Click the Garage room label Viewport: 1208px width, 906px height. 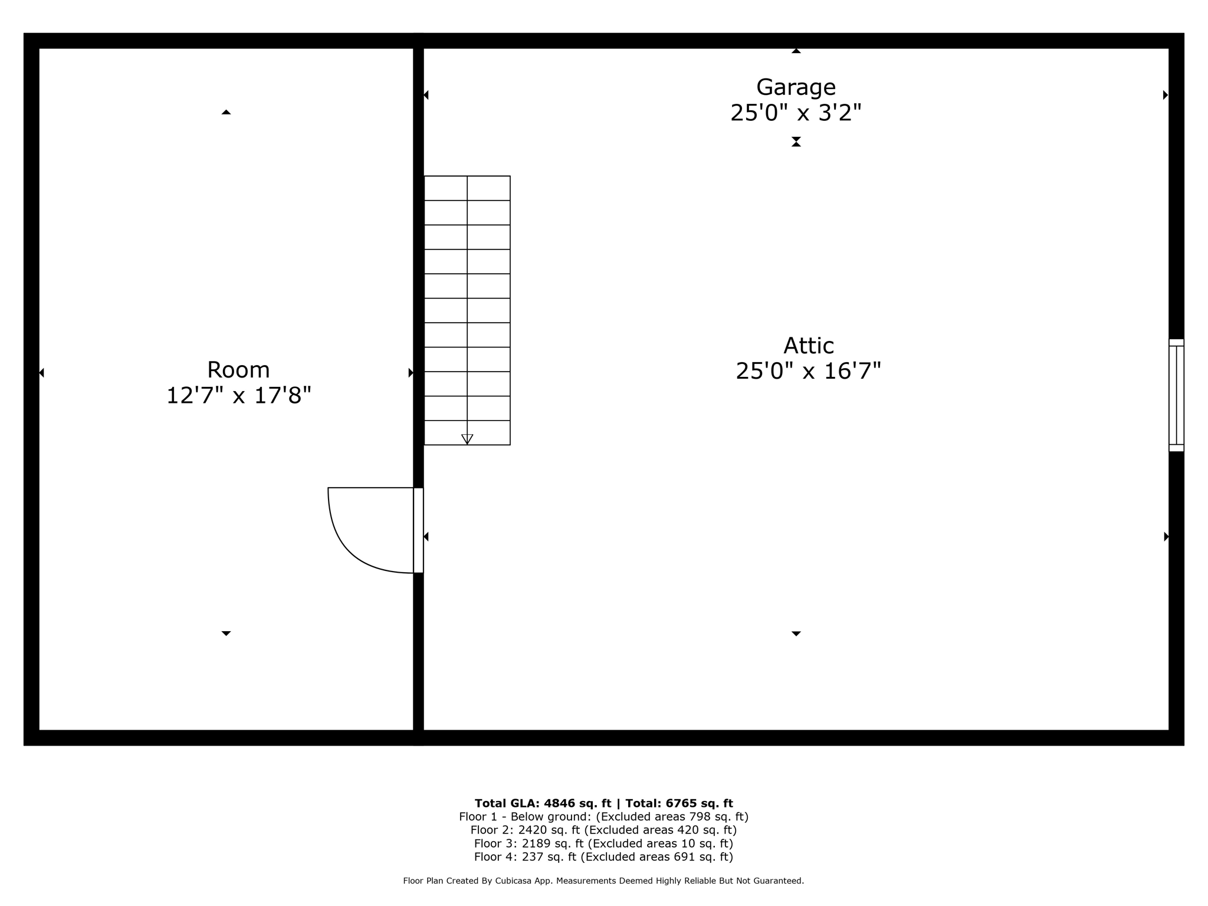point(796,87)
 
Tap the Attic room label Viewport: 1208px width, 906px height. point(808,346)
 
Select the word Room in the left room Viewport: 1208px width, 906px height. point(238,370)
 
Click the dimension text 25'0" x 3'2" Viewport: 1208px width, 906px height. point(796,113)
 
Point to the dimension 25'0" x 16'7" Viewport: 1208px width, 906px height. point(808,371)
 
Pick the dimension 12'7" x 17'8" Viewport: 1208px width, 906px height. point(238,395)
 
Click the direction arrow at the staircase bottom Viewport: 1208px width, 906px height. point(467,439)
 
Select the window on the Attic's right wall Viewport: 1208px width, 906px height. point(1176,395)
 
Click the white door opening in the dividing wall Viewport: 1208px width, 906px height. point(418,530)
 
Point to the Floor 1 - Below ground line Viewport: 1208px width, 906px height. point(603,817)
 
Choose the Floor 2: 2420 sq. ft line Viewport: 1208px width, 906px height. point(603,830)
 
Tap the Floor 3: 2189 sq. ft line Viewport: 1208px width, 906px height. point(603,843)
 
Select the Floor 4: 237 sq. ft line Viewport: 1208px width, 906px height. point(603,857)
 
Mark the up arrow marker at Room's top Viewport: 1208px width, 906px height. point(226,112)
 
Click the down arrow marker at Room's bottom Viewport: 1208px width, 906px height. point(226,633)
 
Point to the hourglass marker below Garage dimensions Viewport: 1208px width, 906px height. point(796,142)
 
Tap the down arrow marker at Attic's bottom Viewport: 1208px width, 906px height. point(796,633)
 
